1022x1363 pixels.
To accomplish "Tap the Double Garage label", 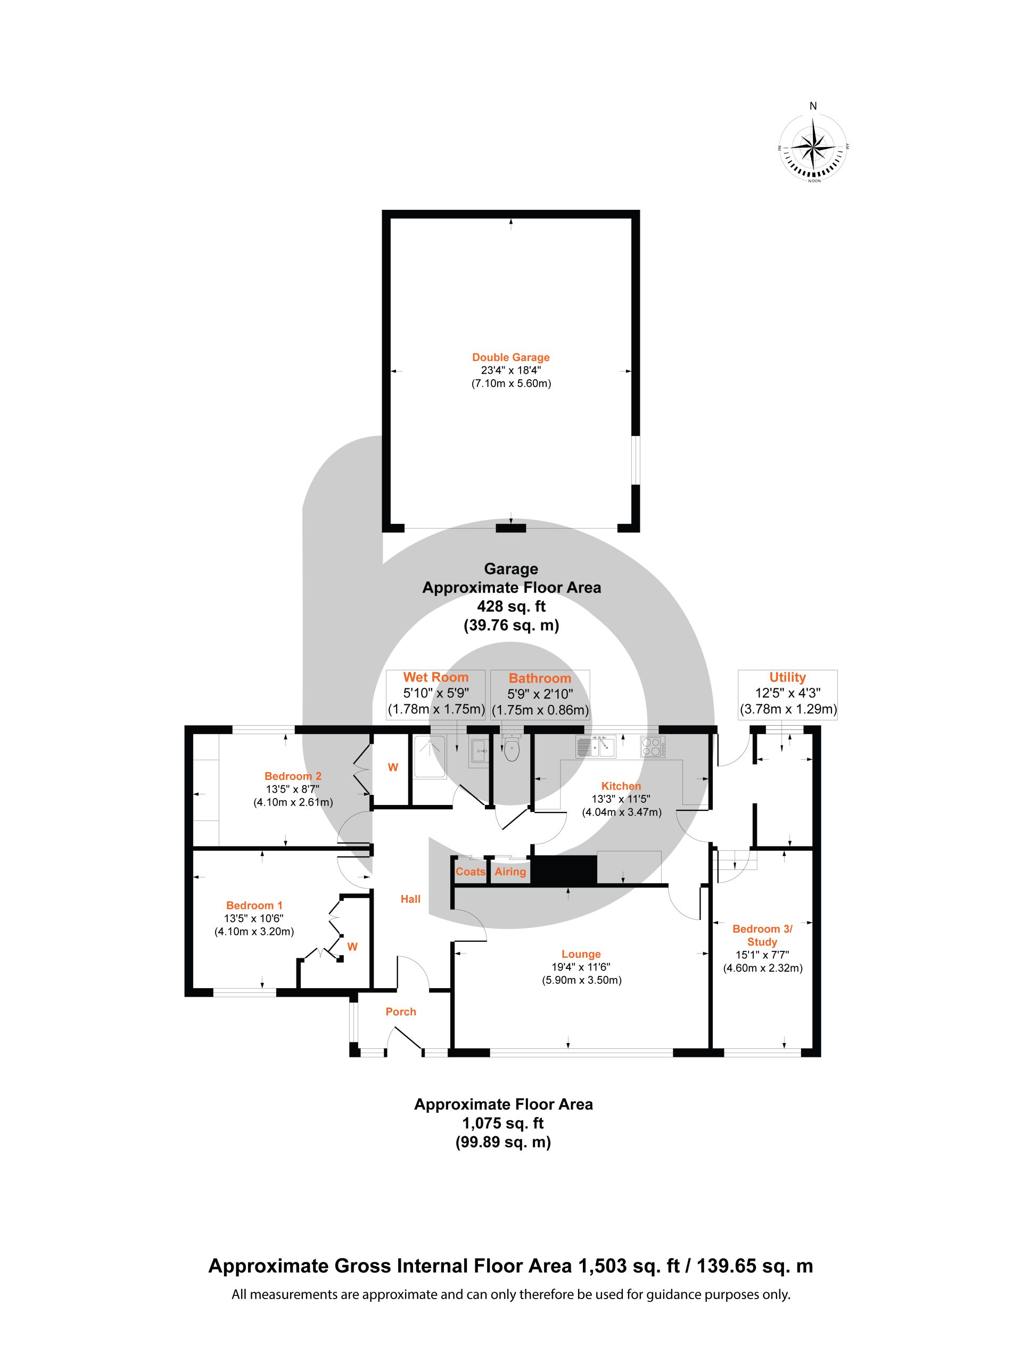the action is tap(510, 357).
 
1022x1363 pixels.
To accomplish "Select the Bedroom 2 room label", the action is tap(293, 776).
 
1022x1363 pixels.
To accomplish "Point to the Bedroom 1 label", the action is tap(254, 905).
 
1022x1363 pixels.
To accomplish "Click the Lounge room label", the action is tap(581, 954).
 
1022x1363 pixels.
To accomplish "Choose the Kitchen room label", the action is tap(621, 786).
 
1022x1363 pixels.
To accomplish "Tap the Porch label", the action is tap(400, 1011).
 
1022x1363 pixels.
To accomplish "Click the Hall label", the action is tap(410, 899).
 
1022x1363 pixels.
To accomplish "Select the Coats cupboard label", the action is tap(471, 871).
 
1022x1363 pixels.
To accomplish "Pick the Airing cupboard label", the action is tap(510, 871).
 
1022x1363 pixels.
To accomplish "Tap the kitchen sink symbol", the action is tap(596, 747).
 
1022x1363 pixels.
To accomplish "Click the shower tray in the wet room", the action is tap(430, 757).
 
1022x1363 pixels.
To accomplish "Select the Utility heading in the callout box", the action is tap(787, 677).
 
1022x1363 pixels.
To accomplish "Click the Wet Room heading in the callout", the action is tap(435, 677).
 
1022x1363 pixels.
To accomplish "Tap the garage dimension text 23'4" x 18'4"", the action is tap(510, 371).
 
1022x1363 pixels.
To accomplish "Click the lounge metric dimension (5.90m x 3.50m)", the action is tap(582, 980).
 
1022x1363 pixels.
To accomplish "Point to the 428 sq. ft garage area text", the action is tap(512, 606).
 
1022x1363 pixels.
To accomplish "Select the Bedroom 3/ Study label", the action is tap(762, 935).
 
